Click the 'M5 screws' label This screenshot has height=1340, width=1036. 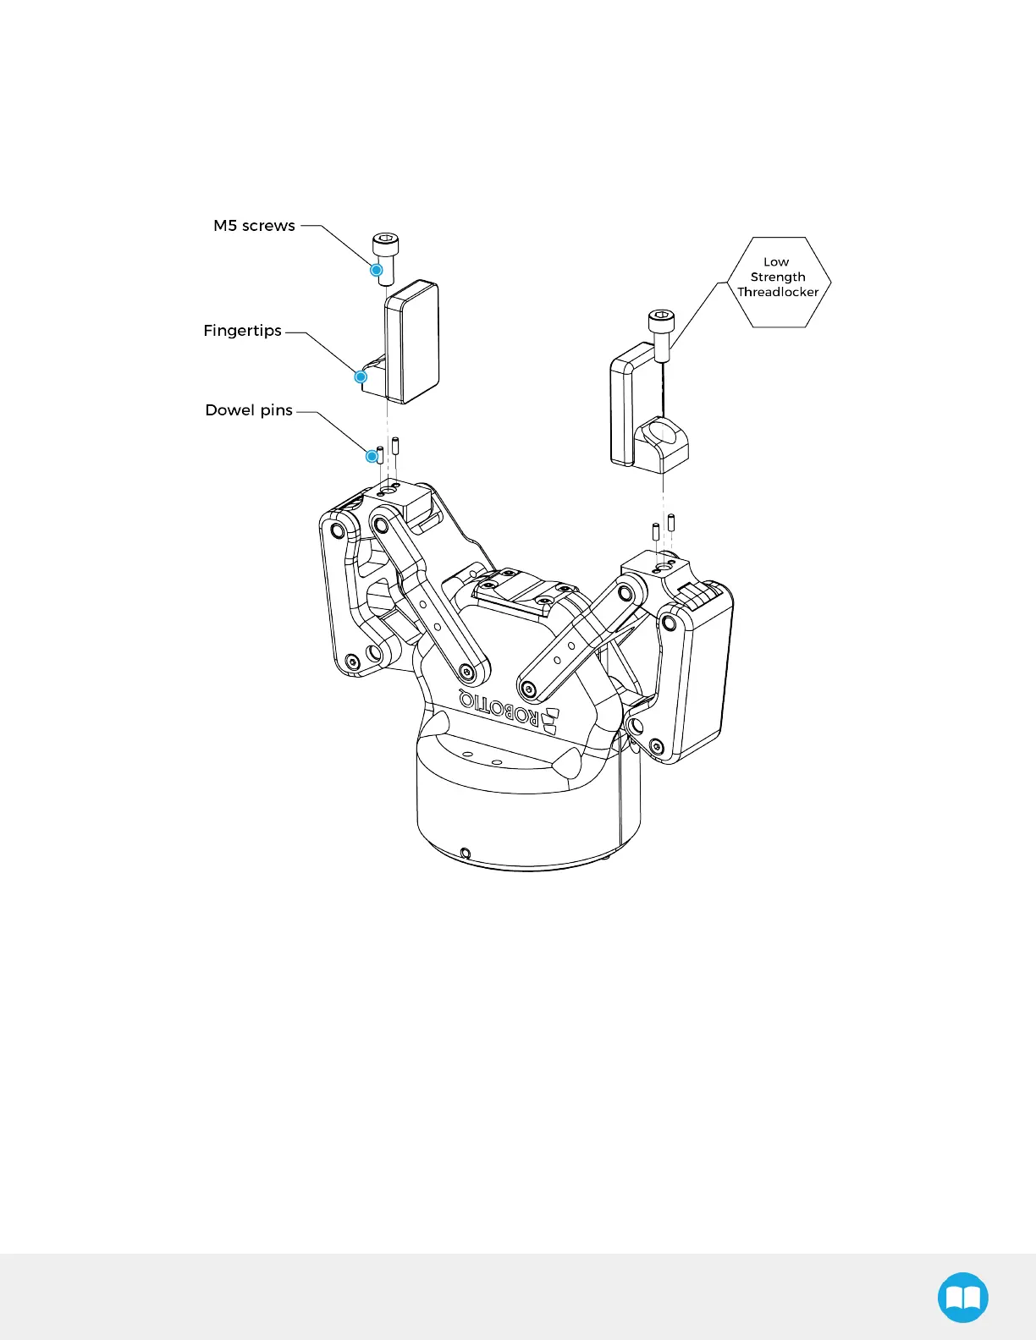[254, 226]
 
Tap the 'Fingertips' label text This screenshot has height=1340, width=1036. [242, 331]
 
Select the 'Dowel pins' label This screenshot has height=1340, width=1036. [249, 410]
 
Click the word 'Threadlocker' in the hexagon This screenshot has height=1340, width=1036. [778, 292]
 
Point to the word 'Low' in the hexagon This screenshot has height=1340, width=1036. [776, 262]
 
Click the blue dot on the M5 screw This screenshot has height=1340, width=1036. [377, 270]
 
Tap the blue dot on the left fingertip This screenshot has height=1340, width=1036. [361, 376]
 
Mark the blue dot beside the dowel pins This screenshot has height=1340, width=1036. [372, 456]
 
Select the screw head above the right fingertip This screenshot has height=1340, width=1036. [661, 321]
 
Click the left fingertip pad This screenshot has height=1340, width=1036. [413, 342]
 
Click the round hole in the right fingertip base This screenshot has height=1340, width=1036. [663, 438]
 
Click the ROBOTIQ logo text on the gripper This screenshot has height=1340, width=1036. [499, 708]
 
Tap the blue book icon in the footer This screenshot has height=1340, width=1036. [963, 1297]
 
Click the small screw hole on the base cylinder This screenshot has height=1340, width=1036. [465, 853]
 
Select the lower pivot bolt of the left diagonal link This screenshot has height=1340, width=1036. [466, 673]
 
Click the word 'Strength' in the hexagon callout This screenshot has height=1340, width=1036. [778, 277]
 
